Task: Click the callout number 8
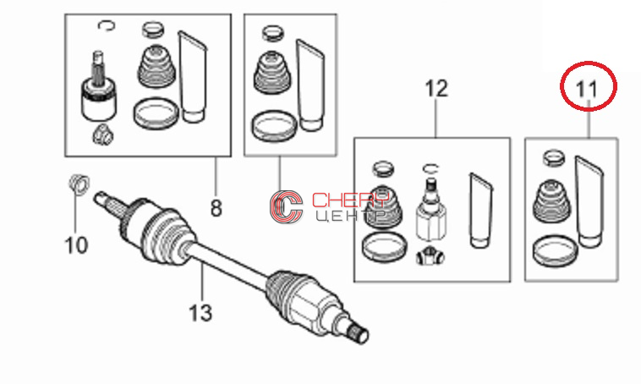216,208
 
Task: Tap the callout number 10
76,245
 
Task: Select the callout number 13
200,313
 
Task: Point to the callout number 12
436,88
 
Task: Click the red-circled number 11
587,89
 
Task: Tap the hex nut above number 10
79,184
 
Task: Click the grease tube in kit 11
589,201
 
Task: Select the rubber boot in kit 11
551,202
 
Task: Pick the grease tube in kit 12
480,211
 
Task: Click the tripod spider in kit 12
430,257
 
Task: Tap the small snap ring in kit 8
107,25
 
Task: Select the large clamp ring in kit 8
156,113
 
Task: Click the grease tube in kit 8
192,76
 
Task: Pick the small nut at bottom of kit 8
102,134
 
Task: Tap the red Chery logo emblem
286,206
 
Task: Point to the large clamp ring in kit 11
555,250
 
